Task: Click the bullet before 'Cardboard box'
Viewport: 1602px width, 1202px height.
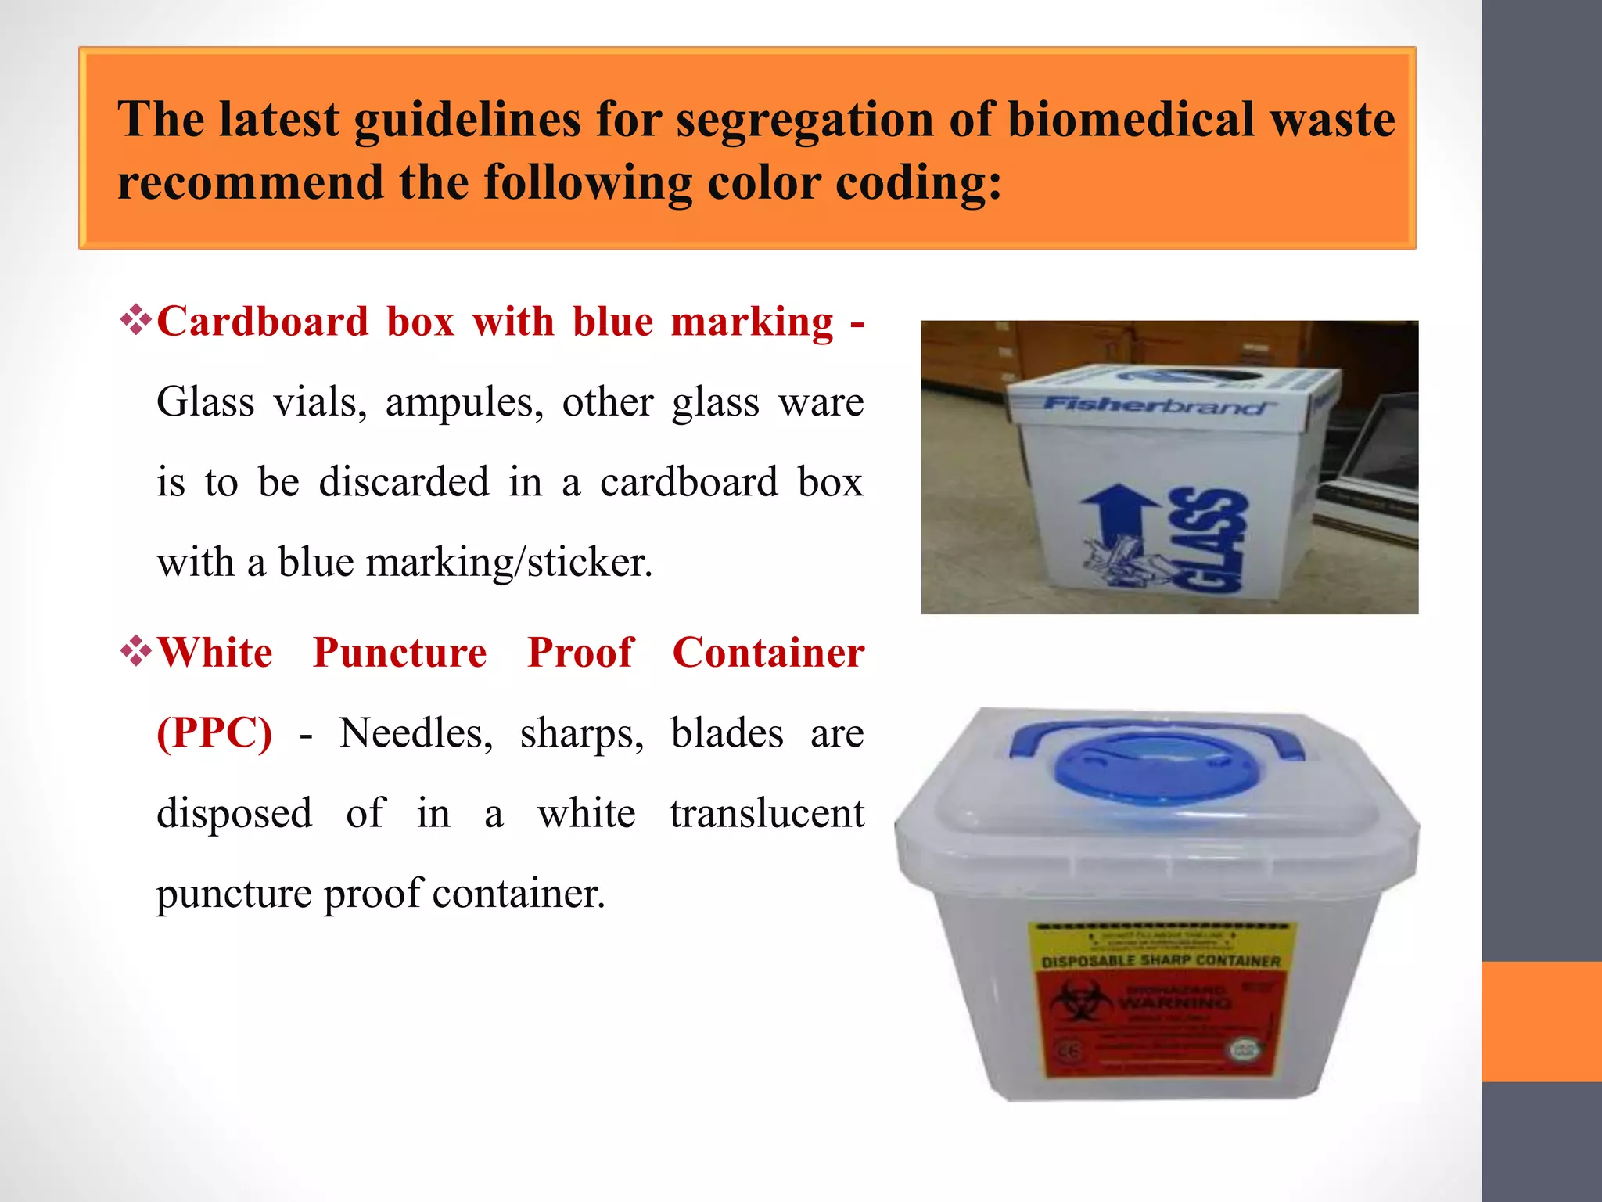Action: click(135, 322)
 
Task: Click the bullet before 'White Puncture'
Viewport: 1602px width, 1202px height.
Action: click(135, 652)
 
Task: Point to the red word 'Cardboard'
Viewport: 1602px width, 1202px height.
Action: click(263, 322)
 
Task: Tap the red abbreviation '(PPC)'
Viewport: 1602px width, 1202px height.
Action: click(214, 733)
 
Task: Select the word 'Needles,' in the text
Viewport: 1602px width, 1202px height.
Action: click(415, 734)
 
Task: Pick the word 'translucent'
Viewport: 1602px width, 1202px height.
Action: click(767, 814)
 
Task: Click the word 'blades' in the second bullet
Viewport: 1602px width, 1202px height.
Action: click(727, 734)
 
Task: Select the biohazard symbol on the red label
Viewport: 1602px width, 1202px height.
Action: click(1080, 1002)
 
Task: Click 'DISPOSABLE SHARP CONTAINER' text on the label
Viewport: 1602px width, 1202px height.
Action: click(1161, 960)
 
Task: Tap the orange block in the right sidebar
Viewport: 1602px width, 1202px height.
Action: click(1542, 1021)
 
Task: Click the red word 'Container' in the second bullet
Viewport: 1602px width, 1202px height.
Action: click(768, 653)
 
